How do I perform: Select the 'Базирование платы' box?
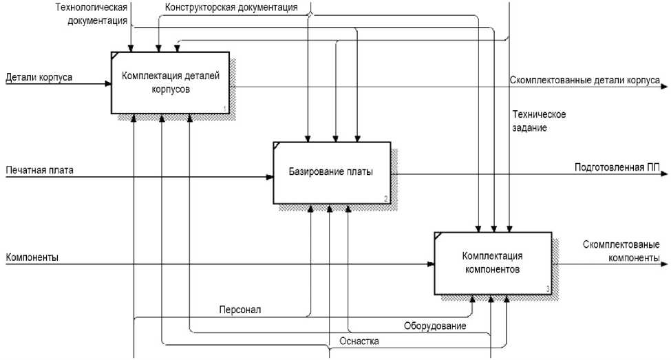tap(331, 172)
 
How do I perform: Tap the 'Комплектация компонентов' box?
tap(492, 262)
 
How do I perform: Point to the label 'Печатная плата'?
tap(39, 169)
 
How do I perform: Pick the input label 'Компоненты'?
tap(32, 257)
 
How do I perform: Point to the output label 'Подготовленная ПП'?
tap(615, 167)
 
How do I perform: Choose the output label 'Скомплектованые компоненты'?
tap(621, 251)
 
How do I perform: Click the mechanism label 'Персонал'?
tap(239, 310)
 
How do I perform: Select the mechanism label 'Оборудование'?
tap(435, 326)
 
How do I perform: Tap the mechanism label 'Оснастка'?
tap(359, 341)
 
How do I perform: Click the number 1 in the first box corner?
tap(224, 109)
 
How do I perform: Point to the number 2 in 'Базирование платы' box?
tap(386, 199)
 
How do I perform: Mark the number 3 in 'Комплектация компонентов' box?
tap(547, 289)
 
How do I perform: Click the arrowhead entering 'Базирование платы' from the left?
tap(270, 177)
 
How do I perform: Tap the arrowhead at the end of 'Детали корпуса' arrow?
tap(108, 84)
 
